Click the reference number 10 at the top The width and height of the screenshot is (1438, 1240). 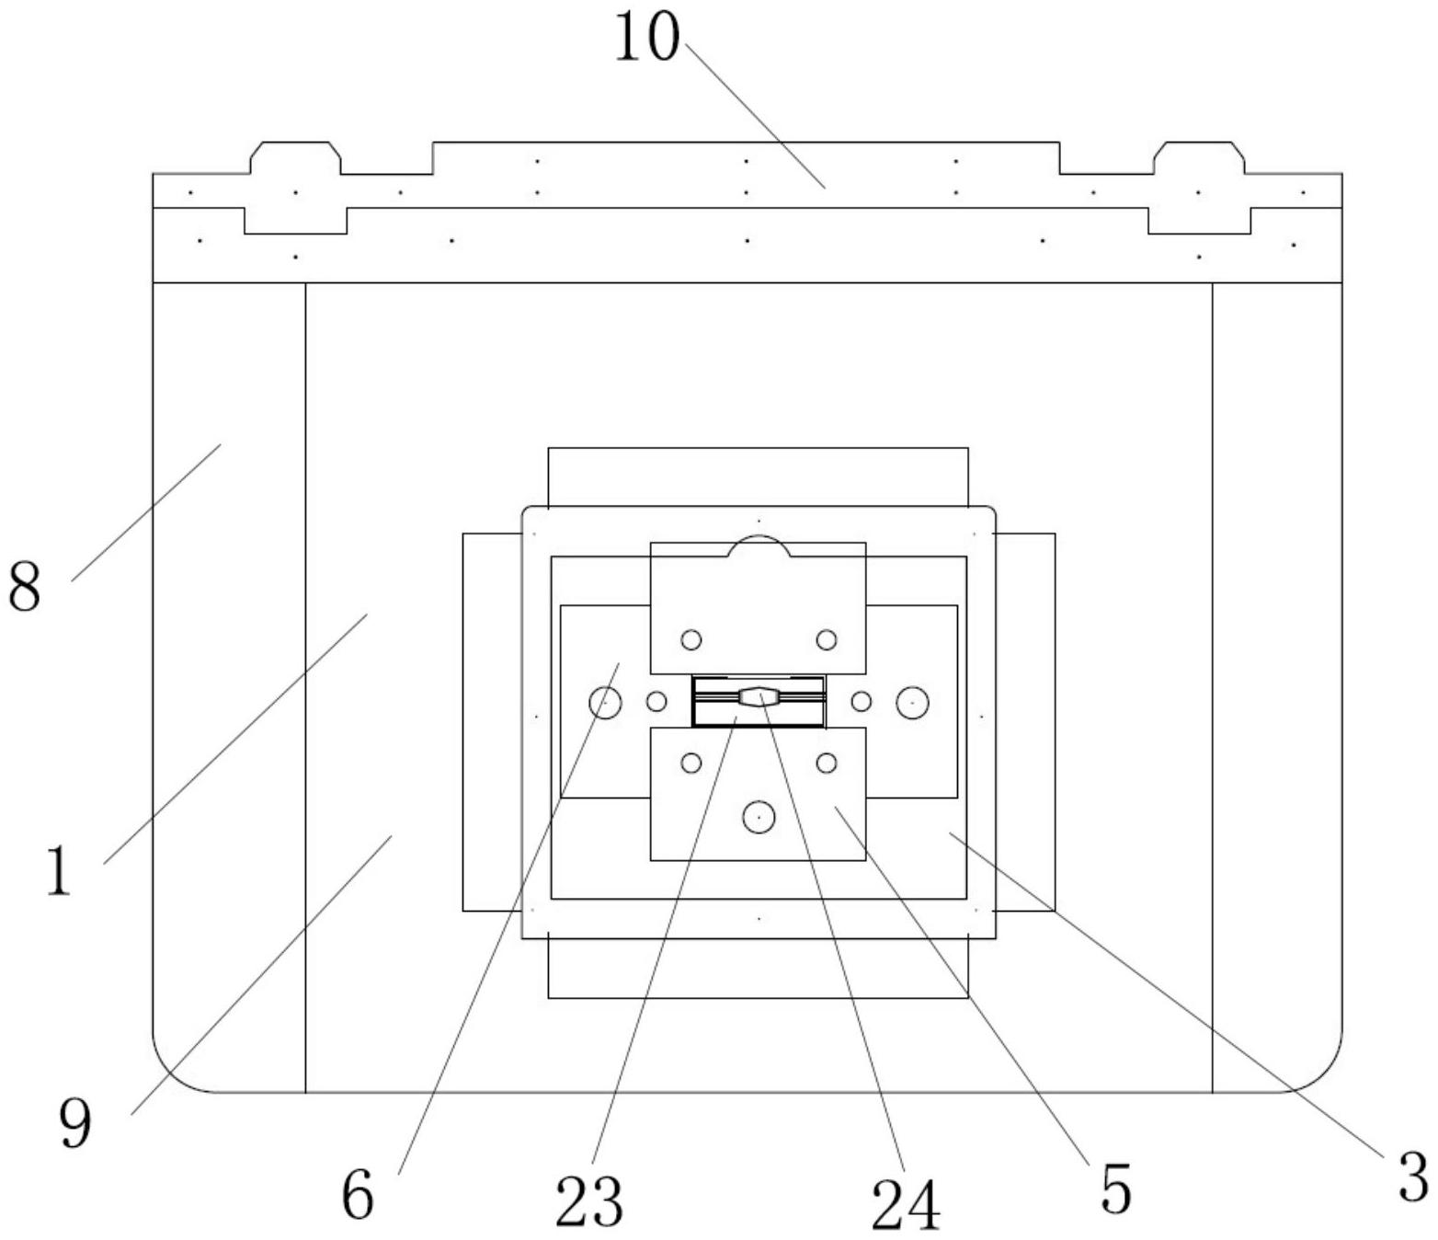pyautogui.click(x=646, y=38)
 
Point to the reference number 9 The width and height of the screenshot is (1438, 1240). pyautogui.click(x=75, y=1123)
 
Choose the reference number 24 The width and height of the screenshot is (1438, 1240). pyautogui.click(x=906, y=1204)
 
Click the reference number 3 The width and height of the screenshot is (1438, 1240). pyautogui.click(x=1412, y=1177)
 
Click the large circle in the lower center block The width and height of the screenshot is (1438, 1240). pyautogui.click(x=759, y=817)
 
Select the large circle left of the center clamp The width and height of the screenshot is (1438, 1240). pyautogui.click(x=605, y=703)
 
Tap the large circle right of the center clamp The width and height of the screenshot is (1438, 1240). pyautogui.click(x=912, y=703)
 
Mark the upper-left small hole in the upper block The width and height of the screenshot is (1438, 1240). pyautogui.click(x=691, y=639)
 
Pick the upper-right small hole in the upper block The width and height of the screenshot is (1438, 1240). pyautogui.click(x=827, y=639)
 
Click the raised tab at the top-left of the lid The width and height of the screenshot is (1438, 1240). pyautogui.click(x=295, y=157)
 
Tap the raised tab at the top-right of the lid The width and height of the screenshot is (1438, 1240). pyautogui.click(x=1199, y=157)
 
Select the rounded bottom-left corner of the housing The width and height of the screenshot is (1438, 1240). pyautogui.click(x=175, y=1071)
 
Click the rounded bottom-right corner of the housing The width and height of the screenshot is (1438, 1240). pyautogui.click(x=1320, y=1071)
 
